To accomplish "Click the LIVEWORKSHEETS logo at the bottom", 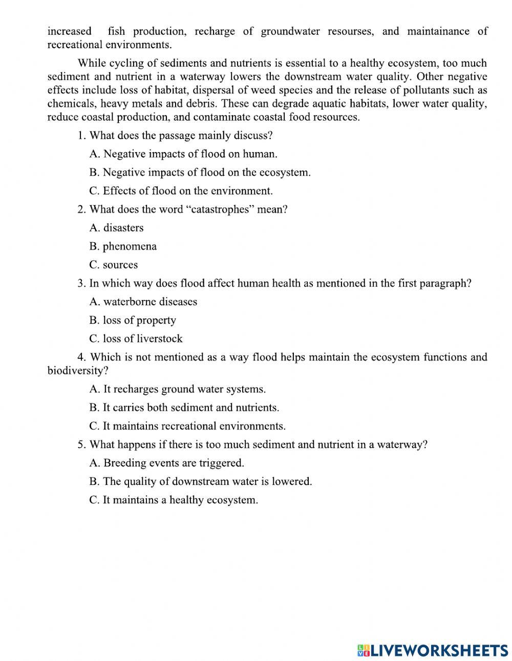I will point(433,650).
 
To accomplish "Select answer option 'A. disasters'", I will point(116,228).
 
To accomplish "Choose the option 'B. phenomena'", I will point(123,246).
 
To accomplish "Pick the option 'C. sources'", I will point(113,265).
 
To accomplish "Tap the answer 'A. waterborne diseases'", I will point(143,302).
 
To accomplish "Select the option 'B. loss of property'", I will point(133,320).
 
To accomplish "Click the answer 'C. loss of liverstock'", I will point(136,338).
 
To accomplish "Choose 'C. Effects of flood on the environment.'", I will point(181,191).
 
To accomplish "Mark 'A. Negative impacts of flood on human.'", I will point(183,154).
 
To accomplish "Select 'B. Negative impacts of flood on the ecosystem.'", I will point(200,173).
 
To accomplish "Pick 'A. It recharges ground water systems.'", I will point(177,389).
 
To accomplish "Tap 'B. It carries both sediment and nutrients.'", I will point(184,408).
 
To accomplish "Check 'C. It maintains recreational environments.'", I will point(187,426).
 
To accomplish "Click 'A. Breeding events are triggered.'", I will point(166,463).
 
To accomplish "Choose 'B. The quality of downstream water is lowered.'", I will point(200,481).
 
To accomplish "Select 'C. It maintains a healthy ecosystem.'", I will point(174,500).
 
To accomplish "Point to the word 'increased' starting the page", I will point(69,31).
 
